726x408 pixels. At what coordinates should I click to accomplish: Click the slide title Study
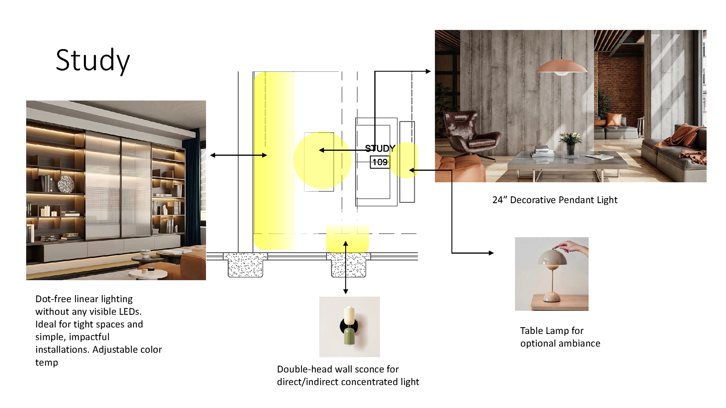pos(93,60)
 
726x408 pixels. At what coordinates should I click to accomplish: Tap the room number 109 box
pos(380,162)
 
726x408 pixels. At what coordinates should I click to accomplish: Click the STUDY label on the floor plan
pos(380,148)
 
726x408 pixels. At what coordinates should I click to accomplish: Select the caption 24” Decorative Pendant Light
pos(555,200)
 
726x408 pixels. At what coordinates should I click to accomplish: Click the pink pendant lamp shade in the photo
pos(562,67)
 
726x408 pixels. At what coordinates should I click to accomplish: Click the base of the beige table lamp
pos(552,297)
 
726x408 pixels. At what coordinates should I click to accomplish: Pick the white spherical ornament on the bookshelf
pos(66,184)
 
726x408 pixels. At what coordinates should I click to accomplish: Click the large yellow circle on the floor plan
pos(322,160)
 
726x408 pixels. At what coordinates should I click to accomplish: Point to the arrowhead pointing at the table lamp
pos(491,253)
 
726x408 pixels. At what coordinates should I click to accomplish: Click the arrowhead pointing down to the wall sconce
pos(346,291)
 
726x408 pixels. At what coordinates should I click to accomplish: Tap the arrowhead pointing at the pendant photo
pos(428,71)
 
